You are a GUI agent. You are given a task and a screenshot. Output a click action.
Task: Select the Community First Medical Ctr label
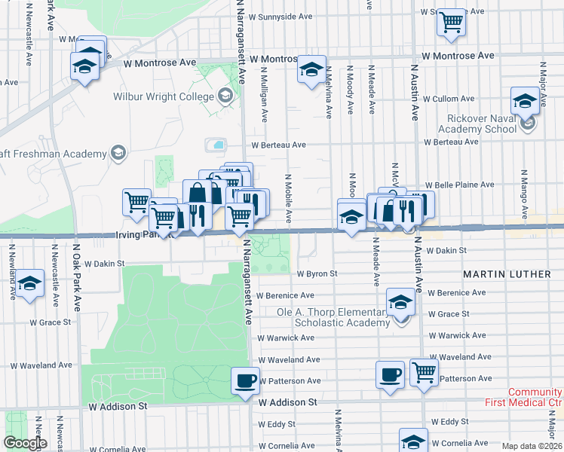tap(535, 398)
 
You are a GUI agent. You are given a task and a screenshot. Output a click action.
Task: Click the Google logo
tap(25, 444)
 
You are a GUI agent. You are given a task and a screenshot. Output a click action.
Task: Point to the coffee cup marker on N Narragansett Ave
tap(244, 380)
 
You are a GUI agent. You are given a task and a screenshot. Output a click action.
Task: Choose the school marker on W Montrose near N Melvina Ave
tap(311, 70)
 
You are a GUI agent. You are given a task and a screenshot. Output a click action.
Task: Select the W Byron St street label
tap(317, 274)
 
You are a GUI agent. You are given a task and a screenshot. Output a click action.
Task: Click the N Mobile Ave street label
tap(288, 198)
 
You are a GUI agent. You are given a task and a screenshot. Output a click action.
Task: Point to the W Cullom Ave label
tap(449, 99)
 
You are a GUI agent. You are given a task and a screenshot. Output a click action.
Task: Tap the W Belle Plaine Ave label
tap(459, 185)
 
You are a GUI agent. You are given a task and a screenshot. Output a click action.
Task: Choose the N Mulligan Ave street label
tap(265, 94)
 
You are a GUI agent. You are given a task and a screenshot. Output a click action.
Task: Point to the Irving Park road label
tap(140, 234)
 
